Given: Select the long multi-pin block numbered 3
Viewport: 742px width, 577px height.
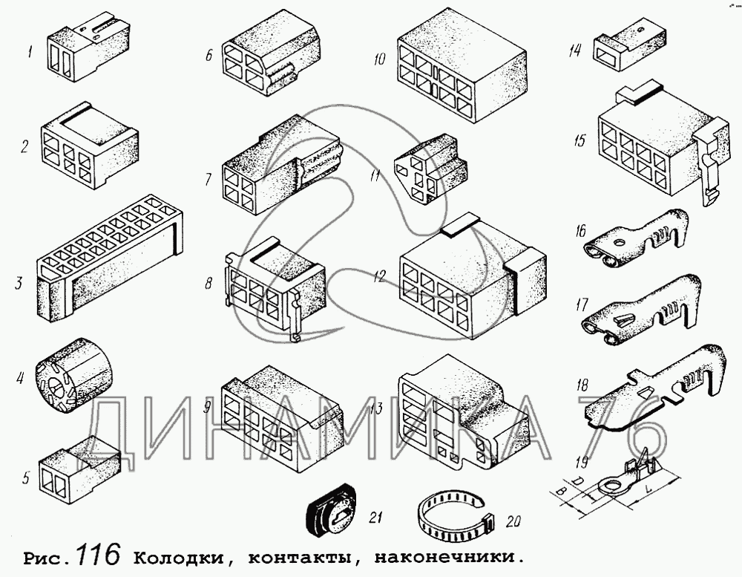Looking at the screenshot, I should (109, 260).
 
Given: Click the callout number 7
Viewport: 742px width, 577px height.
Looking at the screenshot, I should (209, 179).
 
